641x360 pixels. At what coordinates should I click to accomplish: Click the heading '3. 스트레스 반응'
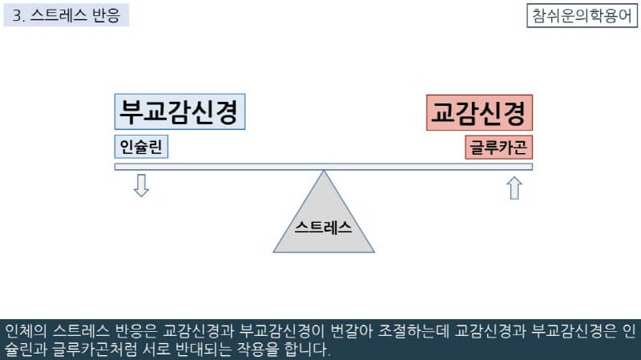[x=67, y=15]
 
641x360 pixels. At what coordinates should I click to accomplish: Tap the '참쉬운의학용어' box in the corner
[x=581, y=15]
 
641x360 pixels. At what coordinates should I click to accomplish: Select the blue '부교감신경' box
[x=180, y=112]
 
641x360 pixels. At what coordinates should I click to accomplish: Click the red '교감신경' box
[x=479, y=112]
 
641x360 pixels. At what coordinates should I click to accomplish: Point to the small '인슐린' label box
[x=141, y=148]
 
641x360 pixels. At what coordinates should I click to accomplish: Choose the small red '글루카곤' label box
[x=499, y=148]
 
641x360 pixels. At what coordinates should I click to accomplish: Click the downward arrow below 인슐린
[x=141, y=185]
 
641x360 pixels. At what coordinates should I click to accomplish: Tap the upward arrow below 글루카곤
[x=514, y=188]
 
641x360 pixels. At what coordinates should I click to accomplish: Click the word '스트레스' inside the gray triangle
[x=324, y=225]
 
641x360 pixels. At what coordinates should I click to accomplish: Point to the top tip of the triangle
[x=324, y=172]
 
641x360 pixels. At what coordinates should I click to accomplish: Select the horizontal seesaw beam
[x=240, y=167]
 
